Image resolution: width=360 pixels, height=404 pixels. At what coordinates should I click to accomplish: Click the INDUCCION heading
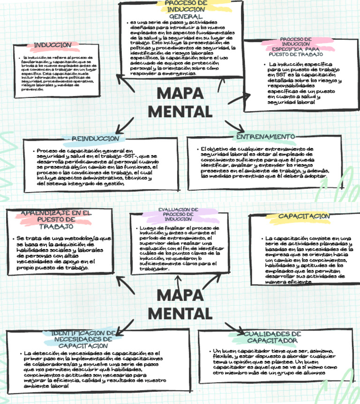(52, 45)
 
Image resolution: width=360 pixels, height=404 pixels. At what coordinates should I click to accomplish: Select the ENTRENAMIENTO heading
(265, 136)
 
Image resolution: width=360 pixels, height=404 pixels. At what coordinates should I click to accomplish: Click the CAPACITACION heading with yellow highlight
(304, 217)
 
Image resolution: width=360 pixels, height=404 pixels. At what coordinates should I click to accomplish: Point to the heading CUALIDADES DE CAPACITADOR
(272, 337)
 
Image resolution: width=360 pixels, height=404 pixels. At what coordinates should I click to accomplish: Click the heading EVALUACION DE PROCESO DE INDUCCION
(178, 214)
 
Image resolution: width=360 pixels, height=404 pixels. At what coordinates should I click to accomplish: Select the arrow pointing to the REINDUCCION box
(124, 125)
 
